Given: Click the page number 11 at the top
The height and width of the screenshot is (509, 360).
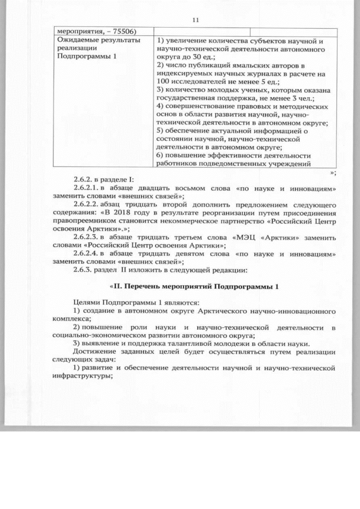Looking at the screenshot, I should [x=196, y=20].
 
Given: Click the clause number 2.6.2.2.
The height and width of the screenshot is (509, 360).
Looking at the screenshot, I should [x=86, y=205].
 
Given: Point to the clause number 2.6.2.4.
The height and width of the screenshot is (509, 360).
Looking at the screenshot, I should [x=86, y=256].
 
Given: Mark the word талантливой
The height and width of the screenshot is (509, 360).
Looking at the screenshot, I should [x=186, y=343].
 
